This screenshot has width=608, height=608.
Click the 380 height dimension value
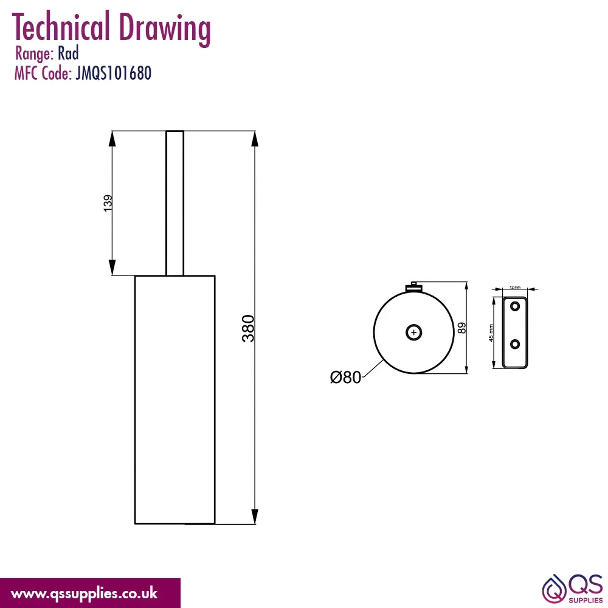(248, 328)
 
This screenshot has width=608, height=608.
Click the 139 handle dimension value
(108, 203)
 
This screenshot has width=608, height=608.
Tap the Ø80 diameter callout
(345, 378)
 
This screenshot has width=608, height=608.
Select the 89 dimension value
(461, 328)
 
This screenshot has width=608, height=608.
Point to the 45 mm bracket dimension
(491, 333)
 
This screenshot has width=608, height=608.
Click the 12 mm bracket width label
(515, 288)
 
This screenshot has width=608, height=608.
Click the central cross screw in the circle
(413, 333)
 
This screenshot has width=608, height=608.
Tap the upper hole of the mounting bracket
(515, 306)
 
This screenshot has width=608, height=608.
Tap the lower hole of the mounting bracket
(515, 344)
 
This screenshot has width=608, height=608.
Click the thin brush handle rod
(175, 203)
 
